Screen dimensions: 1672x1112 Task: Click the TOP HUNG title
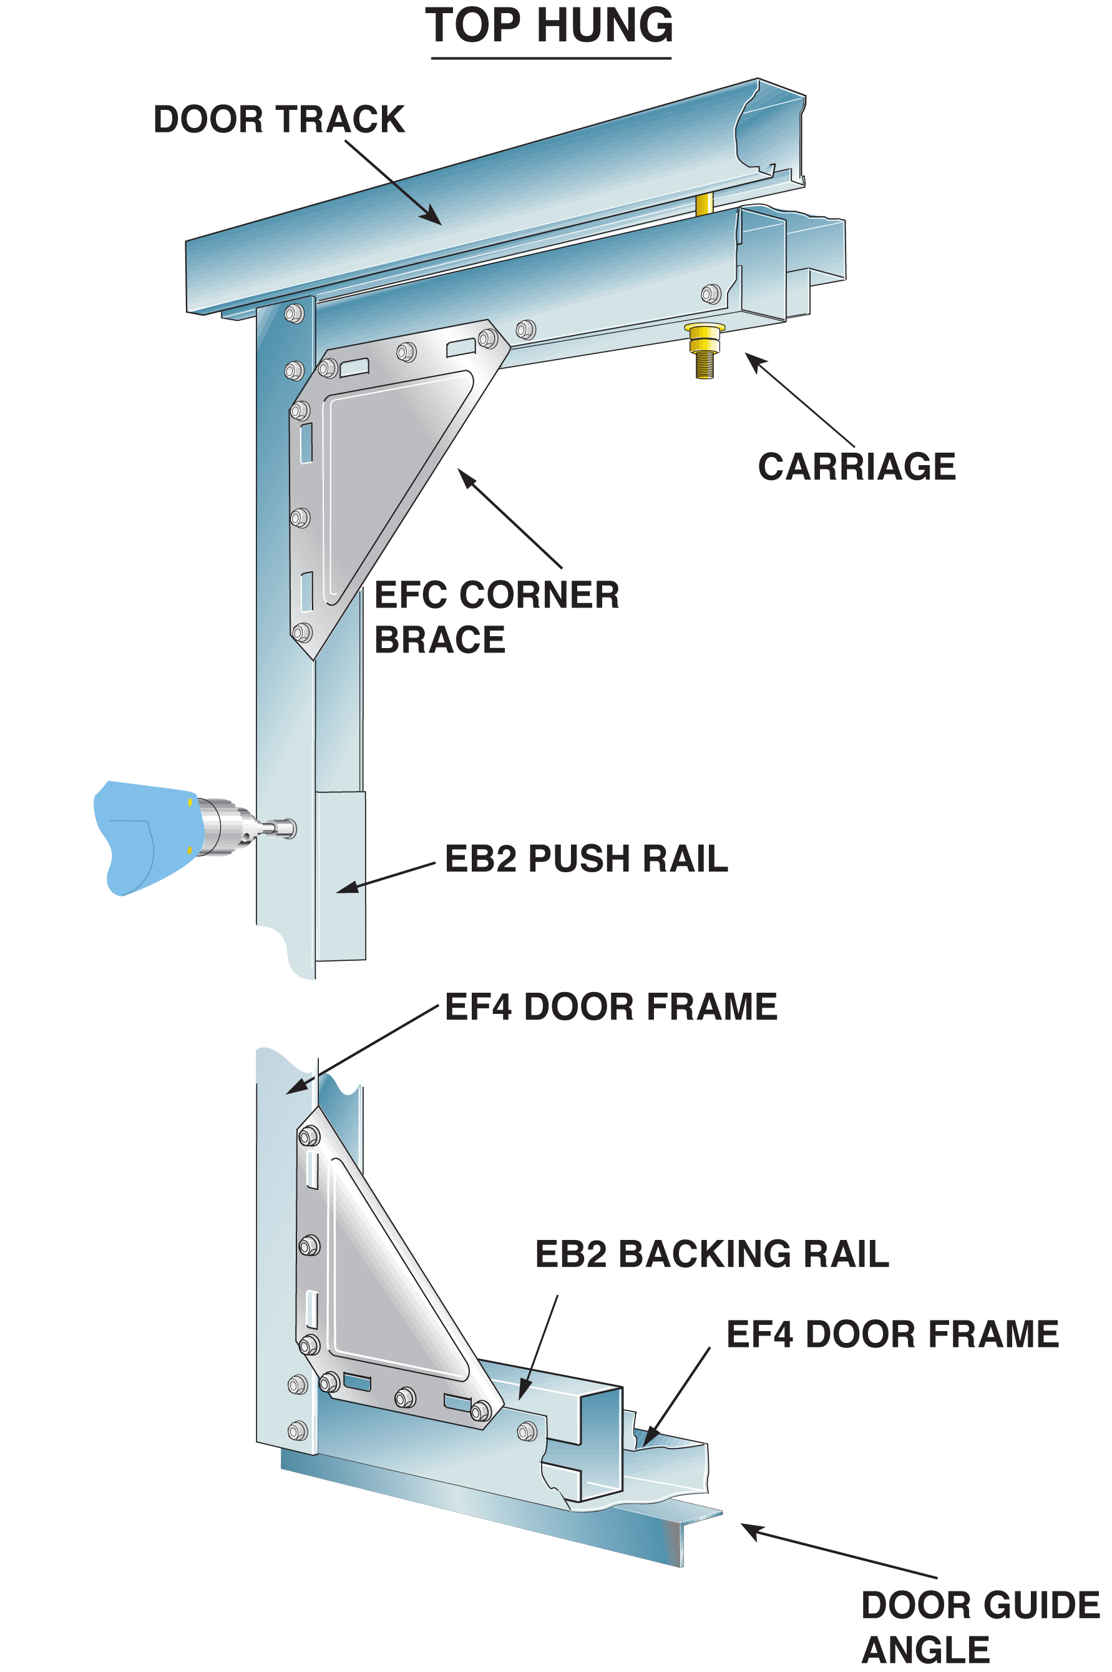pos(550,26)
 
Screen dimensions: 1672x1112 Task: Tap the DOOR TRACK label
pos(279,119)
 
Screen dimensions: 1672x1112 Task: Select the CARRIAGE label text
pos(857,467)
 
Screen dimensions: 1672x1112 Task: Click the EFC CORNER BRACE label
pos(497,616)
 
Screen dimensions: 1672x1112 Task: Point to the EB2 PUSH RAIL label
pos(586,858)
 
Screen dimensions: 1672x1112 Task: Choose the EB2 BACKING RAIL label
pos(711,1254)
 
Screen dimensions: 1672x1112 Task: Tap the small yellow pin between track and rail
pos(703,204)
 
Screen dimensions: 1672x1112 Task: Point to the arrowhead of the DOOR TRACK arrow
pos(434,219)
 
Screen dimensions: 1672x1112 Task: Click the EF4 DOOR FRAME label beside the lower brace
pos(892,1334)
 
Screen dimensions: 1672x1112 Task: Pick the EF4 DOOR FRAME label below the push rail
pos(611,1006)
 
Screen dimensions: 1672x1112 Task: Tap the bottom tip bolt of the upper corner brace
pos(302,631)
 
